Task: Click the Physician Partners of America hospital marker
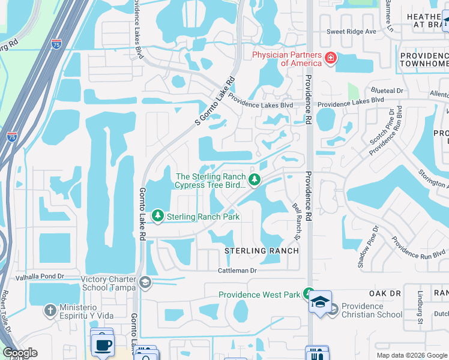coord(330,58)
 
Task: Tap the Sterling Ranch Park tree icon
coord(158,215)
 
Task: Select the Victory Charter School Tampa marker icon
coord(145,282)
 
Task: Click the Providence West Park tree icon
coord(309,294)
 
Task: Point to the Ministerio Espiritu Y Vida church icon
coord(50,311)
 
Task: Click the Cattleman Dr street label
coord(237,271)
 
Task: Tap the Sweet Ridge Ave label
coord(351,31)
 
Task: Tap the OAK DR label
coord(385,293)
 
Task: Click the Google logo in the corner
coord(20,353)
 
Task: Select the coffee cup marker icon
coord(101,345)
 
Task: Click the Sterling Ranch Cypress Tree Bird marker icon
coord(255,179)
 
